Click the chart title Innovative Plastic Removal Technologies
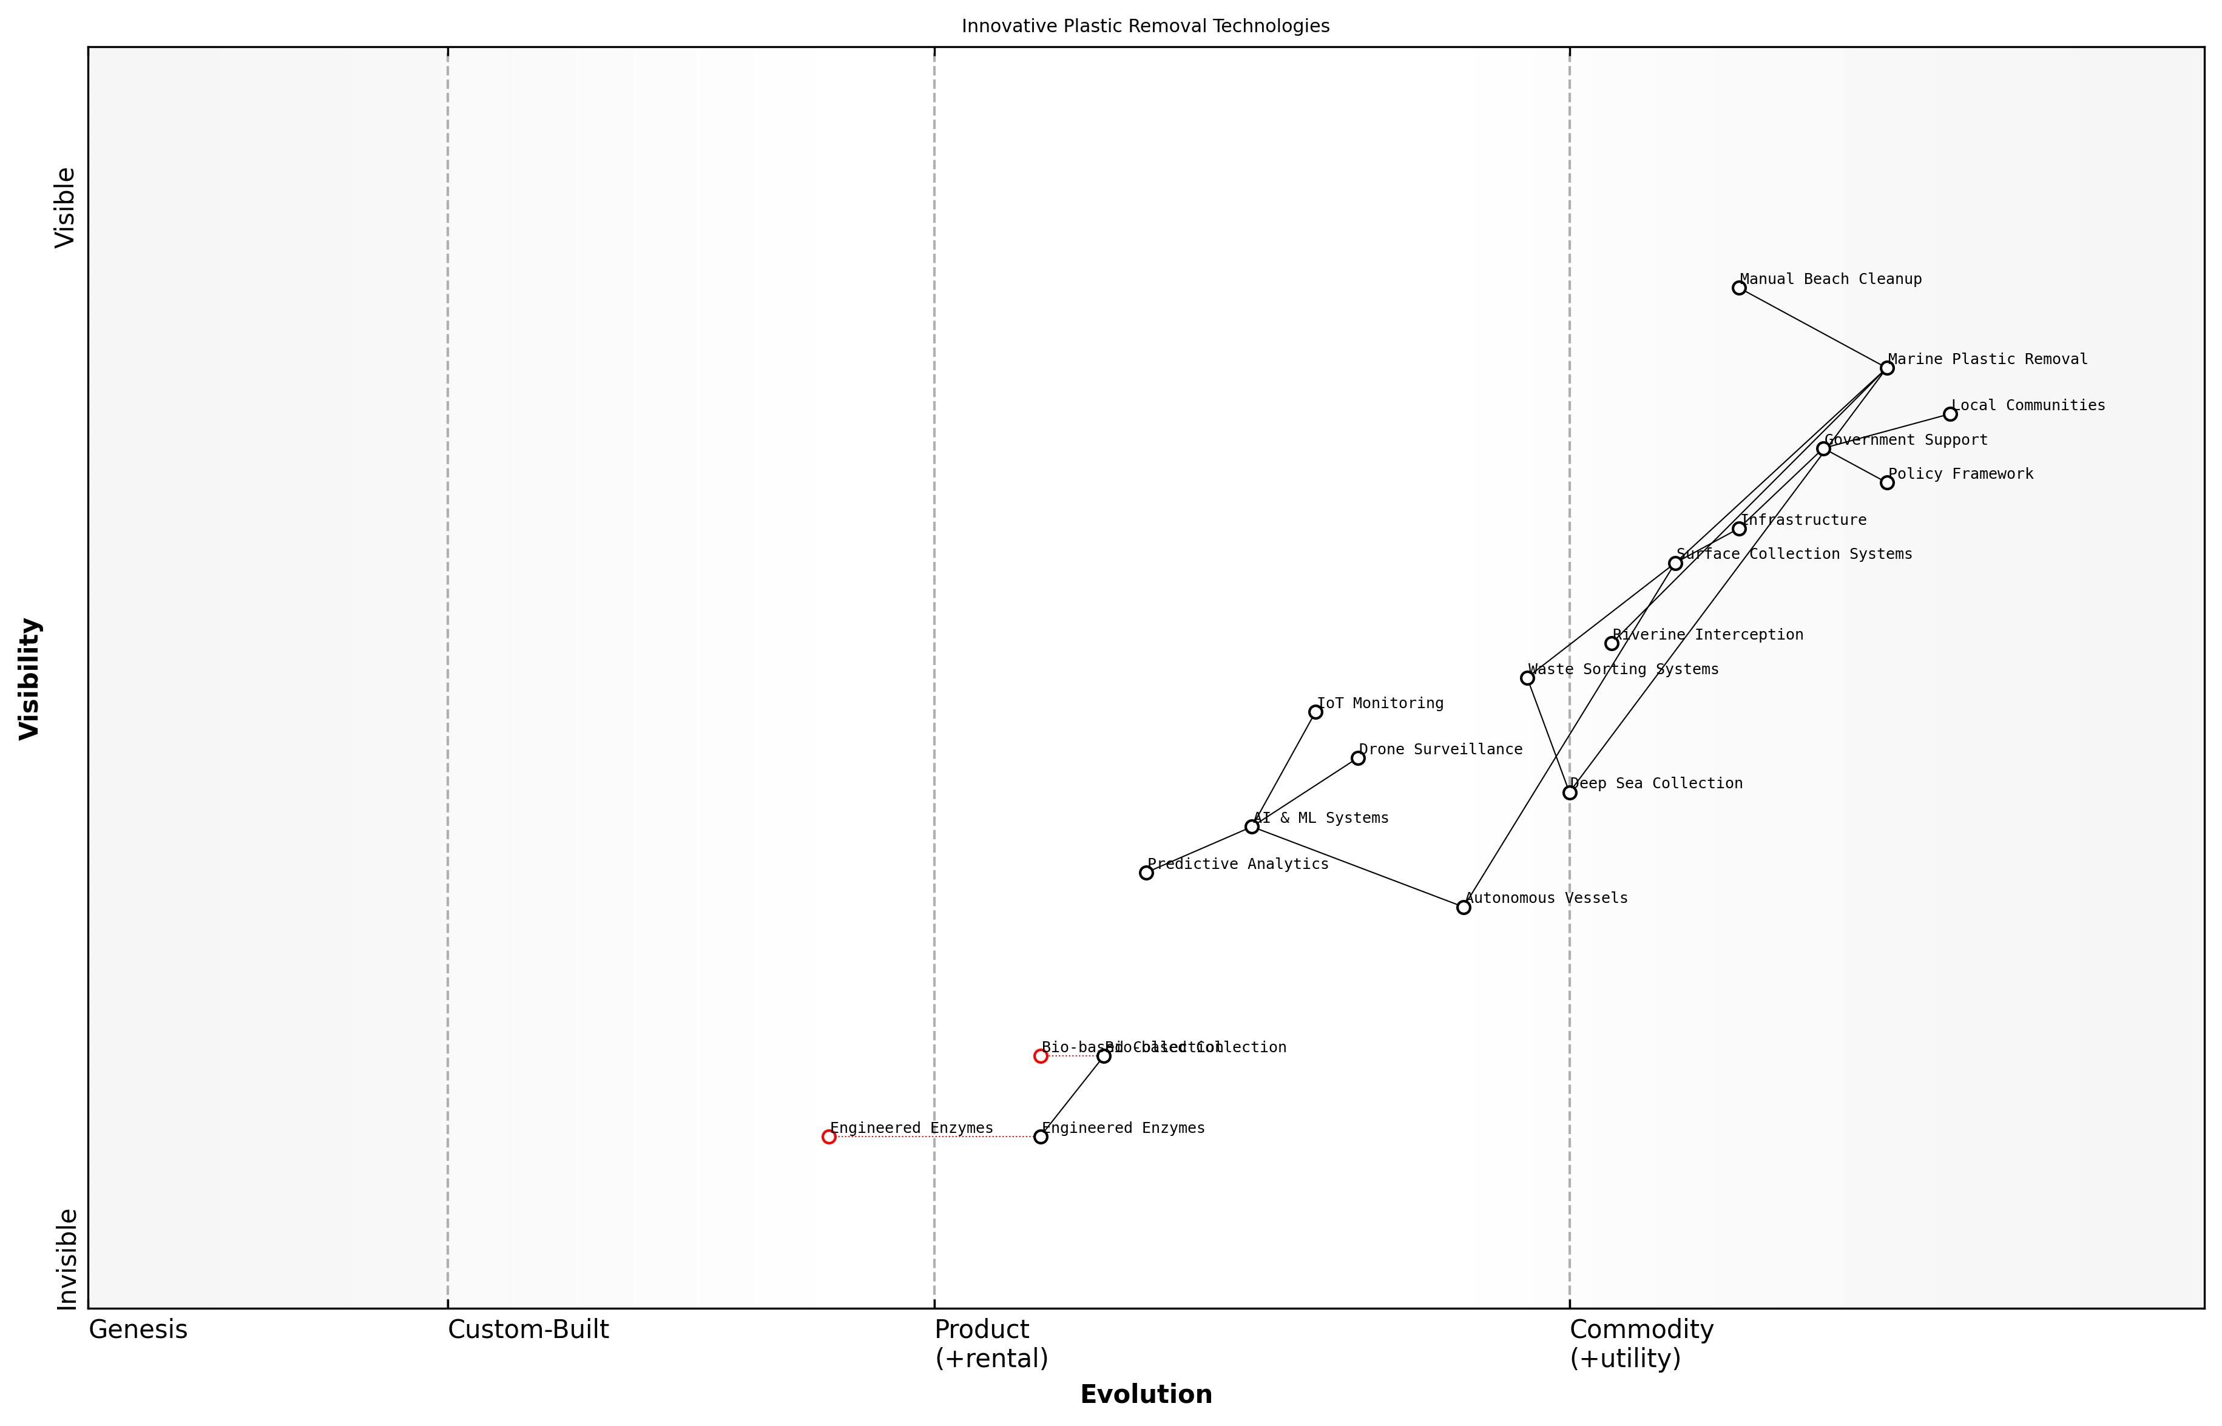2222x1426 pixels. pyautogui.click(x=1145, y=26)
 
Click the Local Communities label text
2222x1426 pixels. pyautogui.click(x=2028, y=405)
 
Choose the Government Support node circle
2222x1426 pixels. pyautogui.click(x=1823, y=449)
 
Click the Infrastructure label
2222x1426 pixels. pyautogui.click(x=1803, y=521)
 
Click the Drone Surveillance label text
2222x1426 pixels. pyautogui.click(x=1440, y=750)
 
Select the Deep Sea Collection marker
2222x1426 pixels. pyautogui.click(x=1569, y=792)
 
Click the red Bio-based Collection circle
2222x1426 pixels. pyautogui.click(x=1041, y=1056)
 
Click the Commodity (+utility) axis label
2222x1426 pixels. pyautogui.click(x=1641, y=1343)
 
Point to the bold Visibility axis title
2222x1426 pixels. pyautogui.click(x=30, y=679)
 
